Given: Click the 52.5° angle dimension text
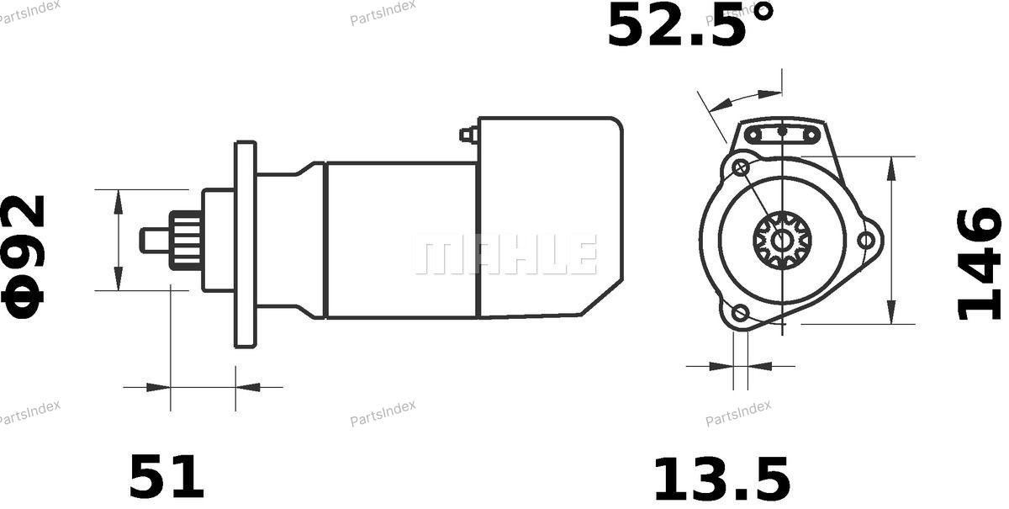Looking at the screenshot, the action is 690,24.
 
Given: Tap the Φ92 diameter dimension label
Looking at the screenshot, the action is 24,257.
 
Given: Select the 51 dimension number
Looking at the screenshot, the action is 166,476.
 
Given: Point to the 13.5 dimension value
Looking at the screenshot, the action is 721,480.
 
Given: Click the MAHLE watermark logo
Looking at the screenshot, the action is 506,254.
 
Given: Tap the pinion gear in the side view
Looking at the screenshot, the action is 186,241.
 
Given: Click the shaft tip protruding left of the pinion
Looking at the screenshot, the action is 155,241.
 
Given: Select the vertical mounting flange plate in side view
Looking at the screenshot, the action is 246,245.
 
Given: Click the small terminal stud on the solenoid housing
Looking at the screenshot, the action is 468,135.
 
